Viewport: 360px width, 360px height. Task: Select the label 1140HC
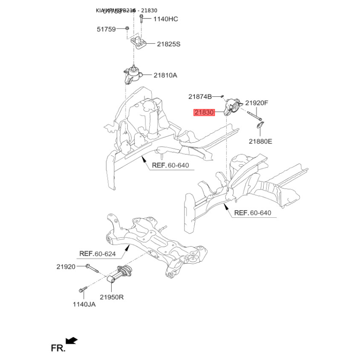click(166, 19)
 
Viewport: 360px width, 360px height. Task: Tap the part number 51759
click(106, 29)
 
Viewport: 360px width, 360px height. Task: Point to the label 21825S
click(169, 44)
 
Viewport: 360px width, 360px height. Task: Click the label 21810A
click(165, 76)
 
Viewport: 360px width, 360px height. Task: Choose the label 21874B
click(200, 96)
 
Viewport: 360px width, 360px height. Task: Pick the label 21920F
click(256, 103)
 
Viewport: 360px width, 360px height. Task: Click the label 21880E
click(261, 141)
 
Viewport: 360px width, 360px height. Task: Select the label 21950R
click(112, 297)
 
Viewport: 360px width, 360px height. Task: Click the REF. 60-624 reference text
click(98, 254)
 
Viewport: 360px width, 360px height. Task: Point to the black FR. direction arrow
click(72, 340)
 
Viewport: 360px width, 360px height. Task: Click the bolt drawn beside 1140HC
click(141, 19)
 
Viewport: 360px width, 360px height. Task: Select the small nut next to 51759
click(127, 29)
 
